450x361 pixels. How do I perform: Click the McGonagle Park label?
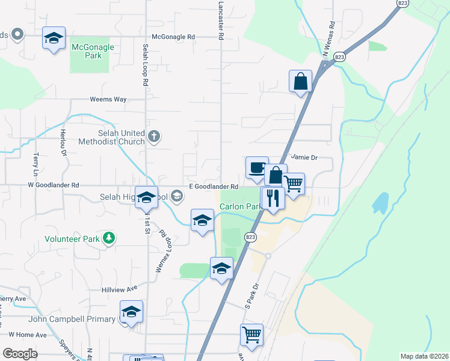pyautogui.click(x=87, y=46)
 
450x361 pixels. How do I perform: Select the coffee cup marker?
pyautogui.click(x=257, y=167)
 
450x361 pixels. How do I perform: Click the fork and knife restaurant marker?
pyautogui.click(x=273, y=197)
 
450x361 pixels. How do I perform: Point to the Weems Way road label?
pyautogui.click(x=108, y=99)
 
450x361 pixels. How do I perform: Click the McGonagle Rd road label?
pyautogui.click(x=174, y=37)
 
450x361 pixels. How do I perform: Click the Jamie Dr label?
pyautogui.click(x=304, y=158)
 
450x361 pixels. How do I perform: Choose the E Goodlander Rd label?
pyautogui.click(x=214, y=187)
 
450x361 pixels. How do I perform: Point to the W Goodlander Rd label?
pyautogui.click(x=54, y=186)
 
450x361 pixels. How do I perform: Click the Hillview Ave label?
pyautogui.click(x=124, y=288)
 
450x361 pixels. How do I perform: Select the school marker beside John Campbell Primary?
pyautogui.click(x=131, y=311)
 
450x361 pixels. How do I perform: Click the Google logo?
pyautogui.click(x=20, y=354)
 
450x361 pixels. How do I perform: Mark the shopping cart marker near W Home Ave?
pyautogui.click(x=252, y=335)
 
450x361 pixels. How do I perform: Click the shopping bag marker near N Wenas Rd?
pyautogui.click(x=300, y=81)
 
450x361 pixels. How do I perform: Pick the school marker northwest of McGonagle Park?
pyautogui.click(x=54, y=39)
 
